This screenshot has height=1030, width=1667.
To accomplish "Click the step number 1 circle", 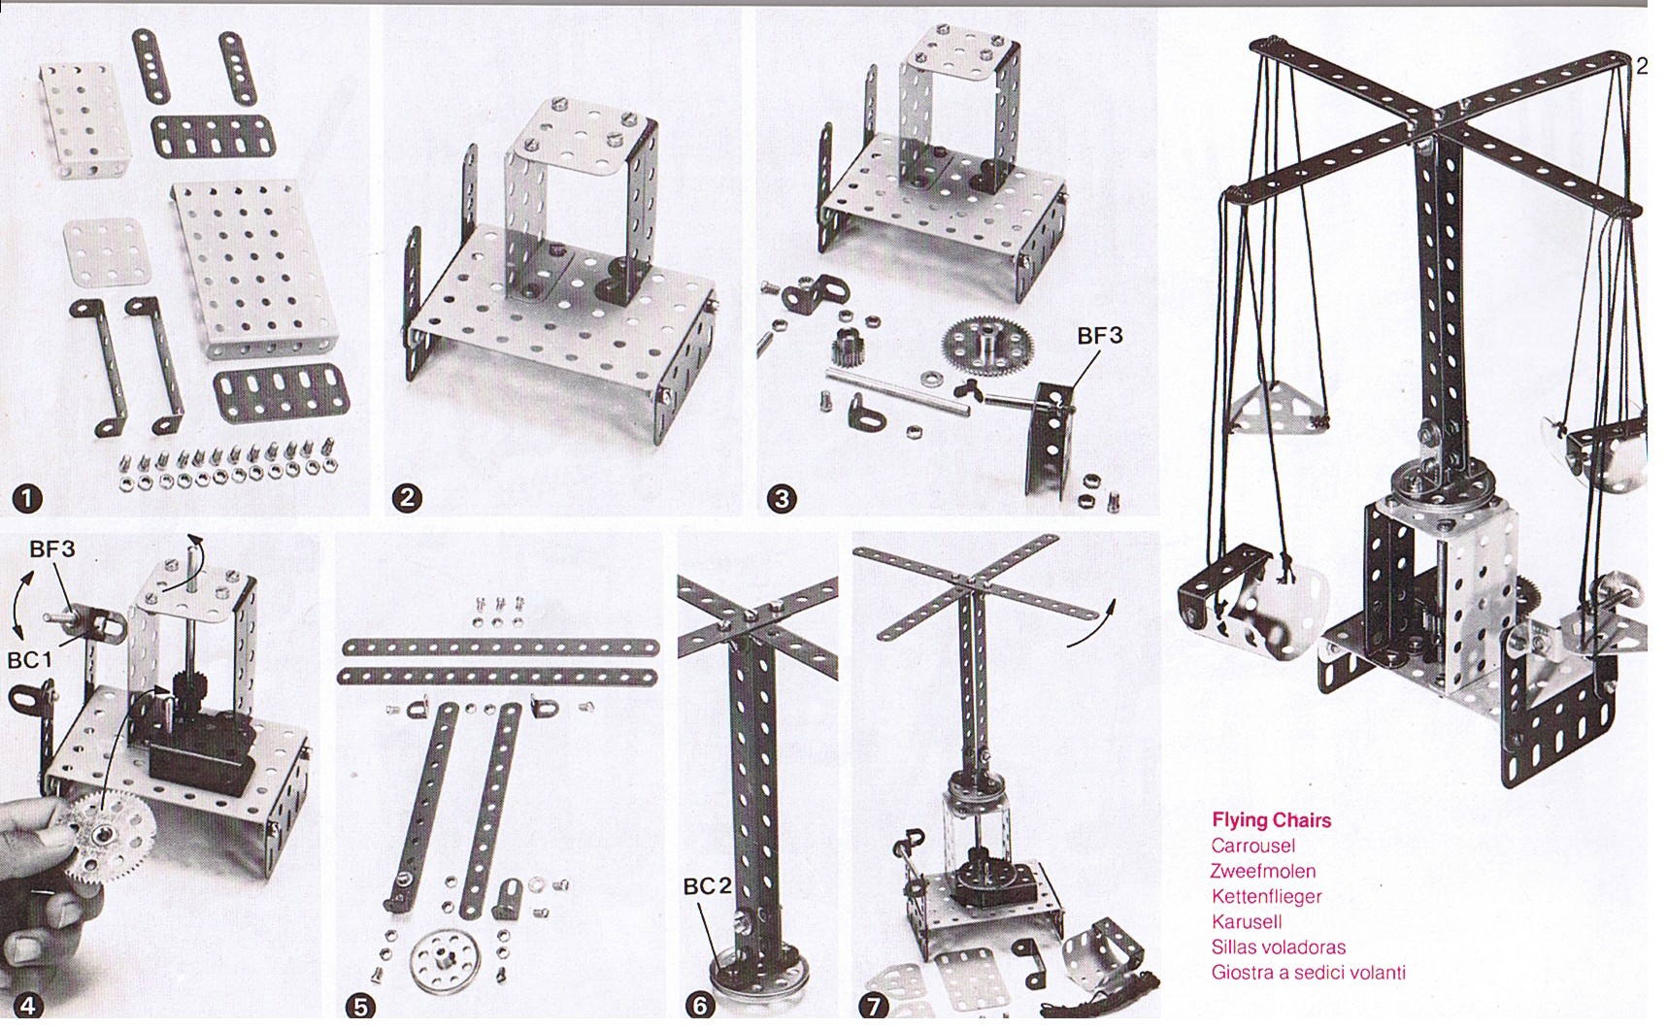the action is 27,499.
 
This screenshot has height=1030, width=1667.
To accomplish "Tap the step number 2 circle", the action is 406,499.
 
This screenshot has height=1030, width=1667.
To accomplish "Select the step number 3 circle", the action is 782,499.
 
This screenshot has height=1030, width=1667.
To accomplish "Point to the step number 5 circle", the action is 361,1007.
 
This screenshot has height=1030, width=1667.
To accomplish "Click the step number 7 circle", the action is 875,1007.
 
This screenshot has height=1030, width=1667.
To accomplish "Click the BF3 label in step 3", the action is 1099,336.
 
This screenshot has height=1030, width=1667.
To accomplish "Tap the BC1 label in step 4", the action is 30,660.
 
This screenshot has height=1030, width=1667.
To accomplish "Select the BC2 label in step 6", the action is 707,886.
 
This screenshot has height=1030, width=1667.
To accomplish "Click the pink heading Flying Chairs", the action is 1271,820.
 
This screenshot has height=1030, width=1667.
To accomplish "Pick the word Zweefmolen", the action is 1262,871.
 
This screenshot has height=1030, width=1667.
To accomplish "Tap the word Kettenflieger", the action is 1266,896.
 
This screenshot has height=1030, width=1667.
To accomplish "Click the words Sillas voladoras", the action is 1278,947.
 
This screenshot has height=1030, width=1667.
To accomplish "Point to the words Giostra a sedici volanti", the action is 1308,972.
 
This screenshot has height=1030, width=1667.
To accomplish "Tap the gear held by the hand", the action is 101,836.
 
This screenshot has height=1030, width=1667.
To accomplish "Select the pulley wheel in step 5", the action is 445,962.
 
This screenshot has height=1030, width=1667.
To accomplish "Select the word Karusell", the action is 1247,921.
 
